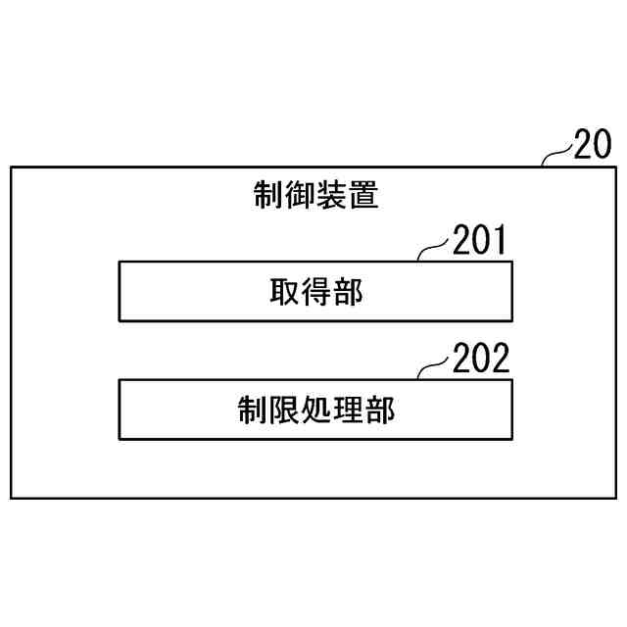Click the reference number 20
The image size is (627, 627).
tap(592, 145)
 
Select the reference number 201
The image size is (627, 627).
tap(480, 241)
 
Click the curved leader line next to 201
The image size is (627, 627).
tap(434, 251)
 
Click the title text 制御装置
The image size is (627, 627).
tap(315, 196)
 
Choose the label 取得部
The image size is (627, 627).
tap(315, 291)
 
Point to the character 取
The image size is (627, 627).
tap(284, 291)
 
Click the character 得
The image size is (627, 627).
tap(315, 291)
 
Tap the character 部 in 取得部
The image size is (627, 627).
tap(347, 291)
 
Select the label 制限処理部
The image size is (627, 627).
tap(315, 410)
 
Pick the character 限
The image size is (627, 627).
tap(284, 410)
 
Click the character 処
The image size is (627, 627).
tap(315, 410)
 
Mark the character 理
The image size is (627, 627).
tap(347, 410)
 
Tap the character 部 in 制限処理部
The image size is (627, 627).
tap(379, 410)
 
